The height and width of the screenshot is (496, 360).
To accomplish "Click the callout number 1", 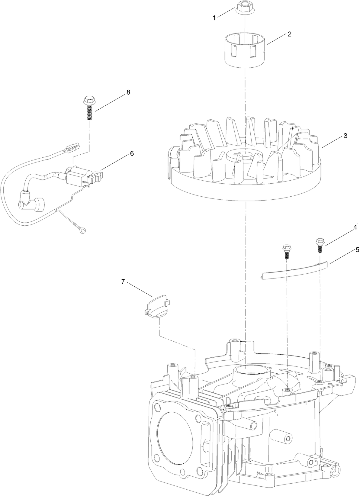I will tap(214, 18).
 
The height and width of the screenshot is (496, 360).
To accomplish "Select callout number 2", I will tap(289, 34).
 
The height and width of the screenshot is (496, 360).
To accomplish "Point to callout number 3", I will tap(345, 136).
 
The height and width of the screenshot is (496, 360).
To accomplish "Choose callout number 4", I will tap(355, 227).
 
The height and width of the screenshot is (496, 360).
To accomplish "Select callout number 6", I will tap(132, 153).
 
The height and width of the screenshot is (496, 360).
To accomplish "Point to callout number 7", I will tap(123, 282).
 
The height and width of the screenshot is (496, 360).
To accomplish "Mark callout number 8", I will tap(128, 92).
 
